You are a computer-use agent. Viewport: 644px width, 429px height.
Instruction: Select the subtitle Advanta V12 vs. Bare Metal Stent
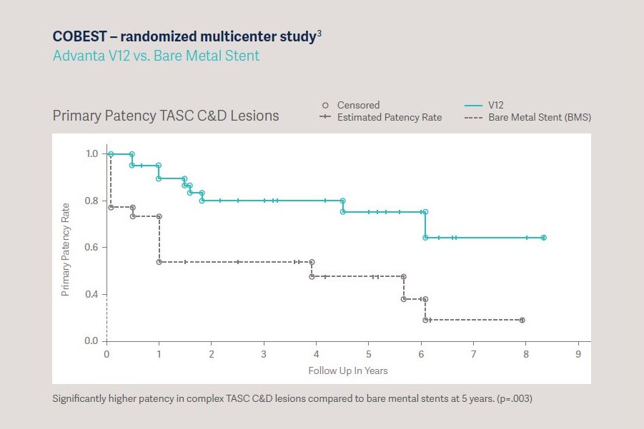click(156, 55)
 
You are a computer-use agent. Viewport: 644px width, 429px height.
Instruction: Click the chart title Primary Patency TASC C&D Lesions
click(166, 116)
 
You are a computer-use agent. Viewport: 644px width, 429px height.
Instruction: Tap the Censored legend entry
click(358, 105)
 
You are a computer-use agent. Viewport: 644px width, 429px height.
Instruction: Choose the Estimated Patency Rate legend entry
click(390, 117)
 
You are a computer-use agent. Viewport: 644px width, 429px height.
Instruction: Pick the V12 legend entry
click(496, 105)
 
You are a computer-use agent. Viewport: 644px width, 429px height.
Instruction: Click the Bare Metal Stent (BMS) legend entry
click(540, 117)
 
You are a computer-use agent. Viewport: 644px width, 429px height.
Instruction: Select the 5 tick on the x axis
click(369, 355)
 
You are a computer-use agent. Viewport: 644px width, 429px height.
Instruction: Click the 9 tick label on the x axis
click(578, 355)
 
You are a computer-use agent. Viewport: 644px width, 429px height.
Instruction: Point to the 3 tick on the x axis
click(264, 355)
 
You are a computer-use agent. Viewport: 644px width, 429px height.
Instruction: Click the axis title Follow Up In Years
click(347, 370)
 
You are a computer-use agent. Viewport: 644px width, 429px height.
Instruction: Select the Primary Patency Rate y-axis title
click(65, 249)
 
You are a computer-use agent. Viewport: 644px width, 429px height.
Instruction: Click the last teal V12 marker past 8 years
click(544, 238)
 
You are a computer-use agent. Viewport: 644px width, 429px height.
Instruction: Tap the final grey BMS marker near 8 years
click(522, 320)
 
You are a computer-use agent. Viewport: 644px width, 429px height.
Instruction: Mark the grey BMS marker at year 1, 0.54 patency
click(159, 262)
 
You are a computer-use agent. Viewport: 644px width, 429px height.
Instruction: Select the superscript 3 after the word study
click(319, 33)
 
